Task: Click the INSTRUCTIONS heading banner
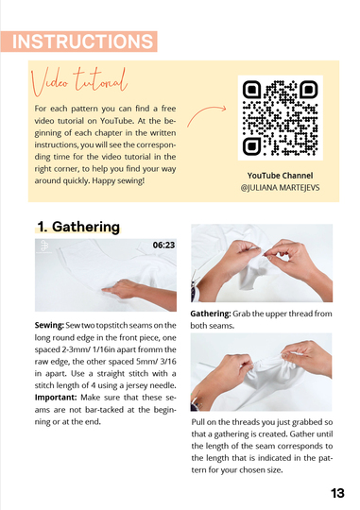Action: coord(79,42)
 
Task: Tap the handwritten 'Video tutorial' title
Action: coord(79,81)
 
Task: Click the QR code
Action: coord(281,118)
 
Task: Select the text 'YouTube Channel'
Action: coord(280,176)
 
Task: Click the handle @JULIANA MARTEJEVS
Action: coord(280,188)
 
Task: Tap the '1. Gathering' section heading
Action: coord(78,227)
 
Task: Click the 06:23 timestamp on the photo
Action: coord(163,245)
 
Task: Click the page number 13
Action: coord(337,493)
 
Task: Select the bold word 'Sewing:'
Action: coord(49,325)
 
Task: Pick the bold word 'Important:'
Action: coord(56,398)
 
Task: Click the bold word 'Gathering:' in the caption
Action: coord(211,314)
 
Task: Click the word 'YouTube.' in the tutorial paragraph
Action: coord(117,121)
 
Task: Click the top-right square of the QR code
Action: coord(309,89)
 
